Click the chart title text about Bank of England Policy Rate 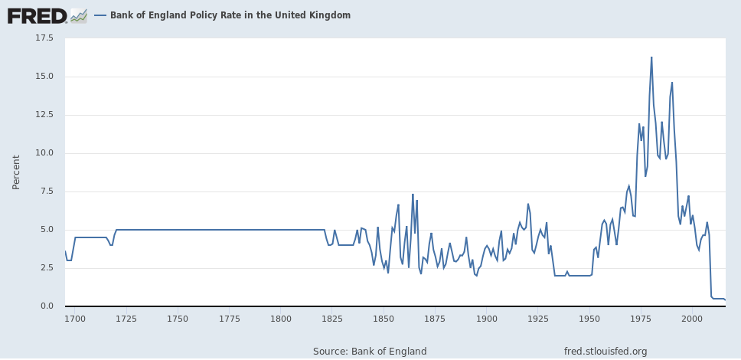click(x=230, y=15)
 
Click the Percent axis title click(x=16, y=172)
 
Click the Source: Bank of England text click(x=370, y=351)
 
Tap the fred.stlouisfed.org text click(x=606, y=351)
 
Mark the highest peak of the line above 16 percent click(x=651, y=57)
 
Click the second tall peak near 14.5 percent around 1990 click(x=672, y=83)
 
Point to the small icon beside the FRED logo click(x=78, y=15)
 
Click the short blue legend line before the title click(x=100, y=15)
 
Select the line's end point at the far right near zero click(x=725, y=300)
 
